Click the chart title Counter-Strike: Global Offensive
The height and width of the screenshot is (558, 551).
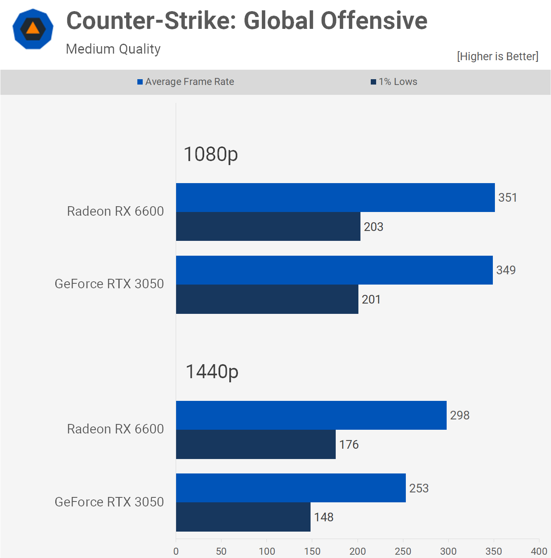pyautogui.click(x=247, y=21)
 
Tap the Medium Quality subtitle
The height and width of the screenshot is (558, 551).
pyautogui.click(x=113, y=49)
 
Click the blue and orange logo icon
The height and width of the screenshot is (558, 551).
pyautogui.click(x=33, y=29)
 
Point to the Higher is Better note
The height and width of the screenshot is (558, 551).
pyautogui.click(x=497, y=56)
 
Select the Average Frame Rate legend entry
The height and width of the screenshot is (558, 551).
pyautogui.click(x=186, y=82)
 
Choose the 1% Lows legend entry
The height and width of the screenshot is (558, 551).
pyautogui.click(x=394, y=82)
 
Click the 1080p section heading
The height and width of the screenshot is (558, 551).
pyautogui.click(x=211, y=154)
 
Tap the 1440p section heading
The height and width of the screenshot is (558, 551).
pyautogui.click(x=212, y=372)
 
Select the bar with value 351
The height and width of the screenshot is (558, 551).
pyautogui.click(x=335, y=198)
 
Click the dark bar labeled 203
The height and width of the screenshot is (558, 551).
pyautogui.click(x=268, y=226)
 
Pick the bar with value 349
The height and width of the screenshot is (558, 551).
pyautogui.click(x=334, y=270)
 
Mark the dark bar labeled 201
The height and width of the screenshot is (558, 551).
pyautogui.click(x=267, y=299)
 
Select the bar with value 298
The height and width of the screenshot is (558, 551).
pyautogui.click(x=311, y=415)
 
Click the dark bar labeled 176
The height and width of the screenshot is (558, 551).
pyautogui.click(x=256, y=444)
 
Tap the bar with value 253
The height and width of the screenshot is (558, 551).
pyautogui.click(x=291, y=488)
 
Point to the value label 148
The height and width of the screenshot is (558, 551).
pyautogui.click(x=324, y=517)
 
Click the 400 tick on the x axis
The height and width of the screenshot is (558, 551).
pyautogui.click(x=539, y=551)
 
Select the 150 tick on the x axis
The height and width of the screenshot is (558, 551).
pyautogui.click(x=312, y=551)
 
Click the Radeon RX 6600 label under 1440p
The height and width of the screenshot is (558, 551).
pyautogui.click(x=115, y=429)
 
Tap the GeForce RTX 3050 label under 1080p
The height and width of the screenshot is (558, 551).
pyautogui.click(x=109, y=284)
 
